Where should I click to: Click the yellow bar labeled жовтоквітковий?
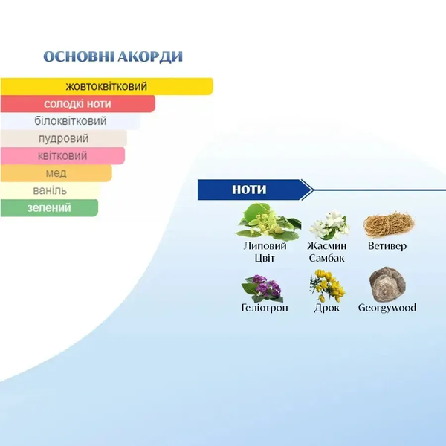point(106,86)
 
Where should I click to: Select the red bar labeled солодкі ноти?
point(77,103)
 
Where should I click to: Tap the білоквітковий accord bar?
point(71,121)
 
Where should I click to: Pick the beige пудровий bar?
point(63,138)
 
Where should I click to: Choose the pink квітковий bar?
point(62,155)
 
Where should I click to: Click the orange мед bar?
point(56,173)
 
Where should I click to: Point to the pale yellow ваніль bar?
point(50,190)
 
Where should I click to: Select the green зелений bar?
point(49,207)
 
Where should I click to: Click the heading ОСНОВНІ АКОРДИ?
point(113,56)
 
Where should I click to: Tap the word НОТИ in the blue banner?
point(249,190)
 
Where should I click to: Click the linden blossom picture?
point(268,222)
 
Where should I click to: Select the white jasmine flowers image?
point(329,224)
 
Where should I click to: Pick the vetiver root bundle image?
point(389,225)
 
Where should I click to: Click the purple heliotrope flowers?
point(262,288)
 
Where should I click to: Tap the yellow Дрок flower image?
point(327,285)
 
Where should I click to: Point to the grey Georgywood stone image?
point(387,285)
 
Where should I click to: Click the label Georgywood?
point(387,308)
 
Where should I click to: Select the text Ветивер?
point(387,246)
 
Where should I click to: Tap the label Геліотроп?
point(265,308)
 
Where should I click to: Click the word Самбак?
point(326,258)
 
